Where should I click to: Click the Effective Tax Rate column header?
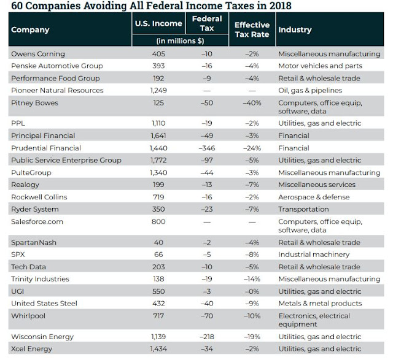[x=252, y=29]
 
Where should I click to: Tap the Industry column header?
[x=295, y=29]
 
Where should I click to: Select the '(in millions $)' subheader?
[x=180, y=40]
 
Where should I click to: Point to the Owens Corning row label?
[x=38, y=54]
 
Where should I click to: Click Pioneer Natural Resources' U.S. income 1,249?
[x=158, y=90]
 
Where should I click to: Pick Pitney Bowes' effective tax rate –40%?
[x=252, y=103]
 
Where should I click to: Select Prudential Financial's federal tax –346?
[x=207, y=148]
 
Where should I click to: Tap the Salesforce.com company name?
[x=37, y=221]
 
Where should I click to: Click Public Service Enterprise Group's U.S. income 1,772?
[x=158, y=160]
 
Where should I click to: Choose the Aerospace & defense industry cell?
[x=314, y=197]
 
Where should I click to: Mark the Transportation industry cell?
[x=303, y=209]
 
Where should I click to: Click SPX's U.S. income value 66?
[x=158, y=255]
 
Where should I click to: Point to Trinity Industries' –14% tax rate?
[x=252, y=279]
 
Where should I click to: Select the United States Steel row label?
[x=44, y=304]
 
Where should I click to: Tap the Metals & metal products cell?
[x=320, y=304]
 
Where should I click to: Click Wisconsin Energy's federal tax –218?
[x=207, y=337]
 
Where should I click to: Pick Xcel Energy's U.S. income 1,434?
[x=158, y=349]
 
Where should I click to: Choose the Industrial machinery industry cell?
[x=314, y=255]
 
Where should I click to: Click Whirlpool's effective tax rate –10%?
[x=252, y=316]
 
